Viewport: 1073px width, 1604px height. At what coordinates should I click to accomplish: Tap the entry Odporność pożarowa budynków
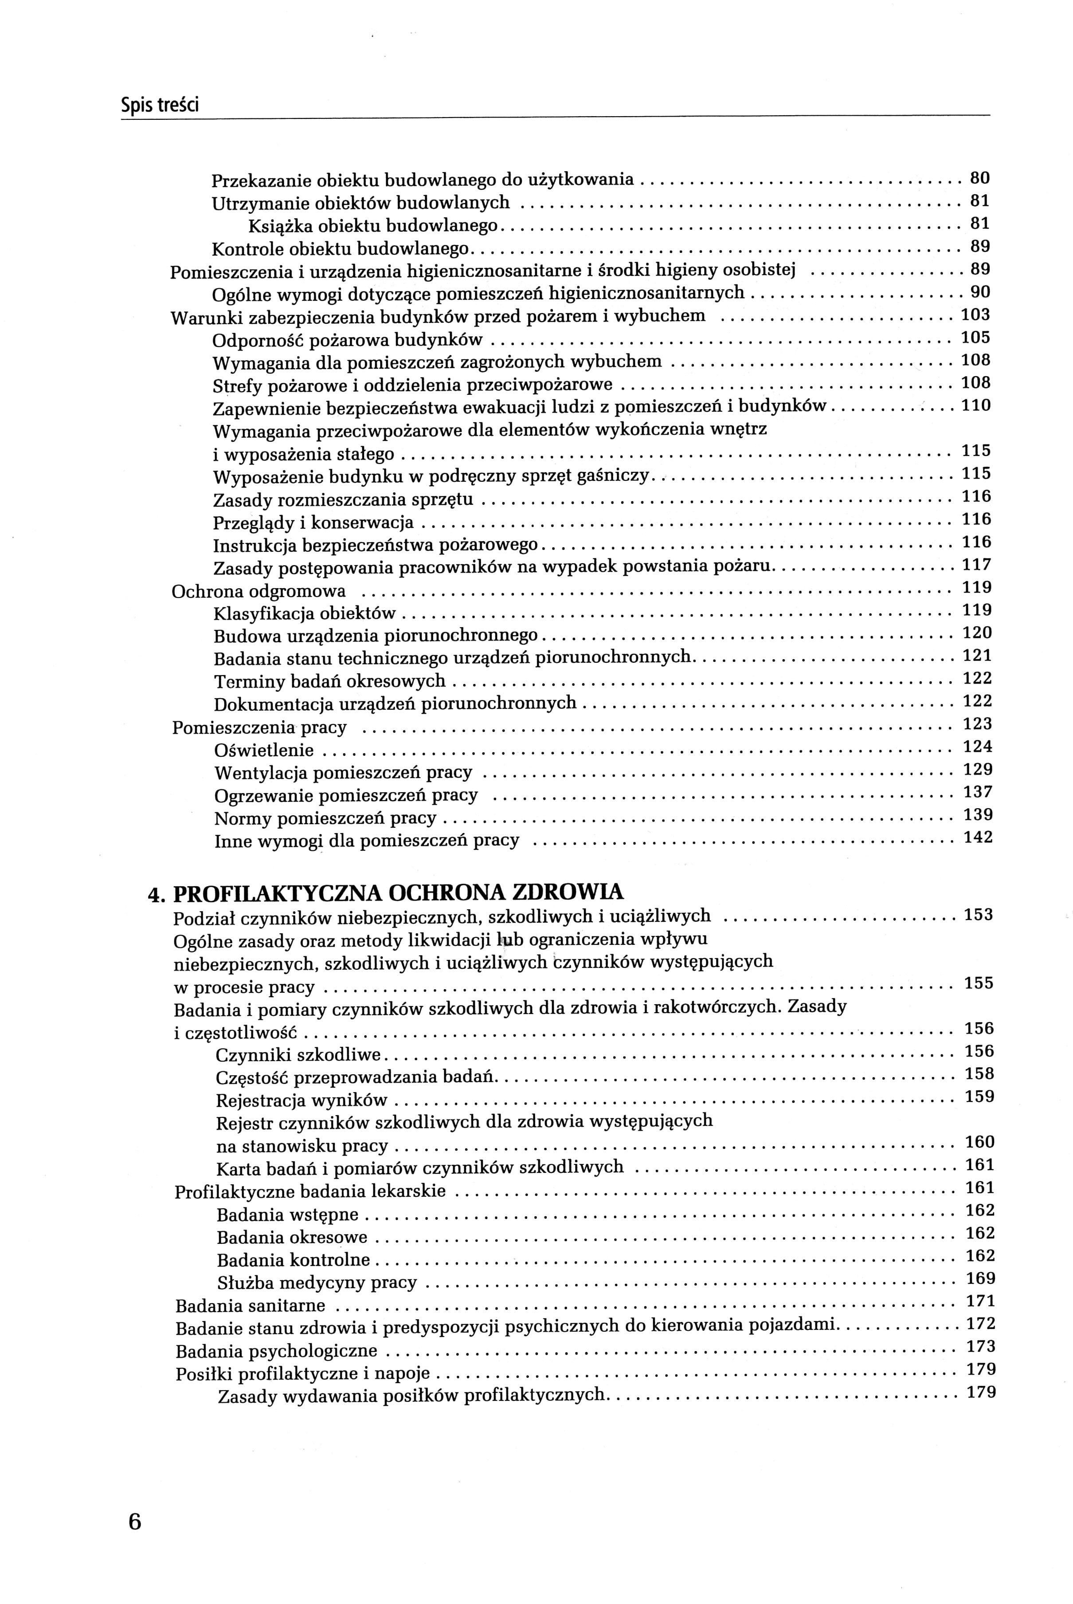point(348,339)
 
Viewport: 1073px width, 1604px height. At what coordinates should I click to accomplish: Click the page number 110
point(976,405)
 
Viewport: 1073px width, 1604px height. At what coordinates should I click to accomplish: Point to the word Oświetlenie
point(264,750)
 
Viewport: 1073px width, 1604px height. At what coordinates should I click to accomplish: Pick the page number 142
point(978,837)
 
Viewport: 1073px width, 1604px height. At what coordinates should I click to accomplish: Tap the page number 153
point(979,915)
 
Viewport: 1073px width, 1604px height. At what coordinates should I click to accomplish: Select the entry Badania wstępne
point(287,1215)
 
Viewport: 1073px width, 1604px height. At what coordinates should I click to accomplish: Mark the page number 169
point(980,1278)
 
